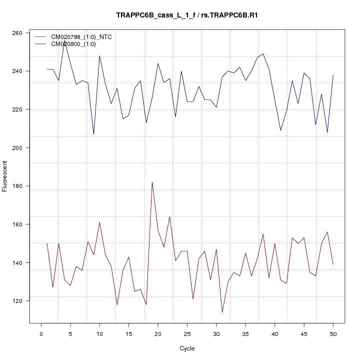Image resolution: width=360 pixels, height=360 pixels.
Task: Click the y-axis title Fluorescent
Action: coord(5,176)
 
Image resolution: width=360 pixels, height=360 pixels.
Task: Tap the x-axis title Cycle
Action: coord(187,348)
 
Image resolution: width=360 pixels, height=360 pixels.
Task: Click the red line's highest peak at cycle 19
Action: coord(152,182)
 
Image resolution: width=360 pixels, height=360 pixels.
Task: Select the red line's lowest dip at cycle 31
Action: coord(222,312)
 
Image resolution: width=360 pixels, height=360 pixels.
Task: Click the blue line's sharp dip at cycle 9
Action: coord(93,134)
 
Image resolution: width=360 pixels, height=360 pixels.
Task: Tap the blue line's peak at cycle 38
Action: coord(263,53)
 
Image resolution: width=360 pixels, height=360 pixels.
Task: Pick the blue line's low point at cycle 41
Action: coord(280,130)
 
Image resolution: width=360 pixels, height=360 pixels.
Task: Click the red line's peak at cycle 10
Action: coord(99,222)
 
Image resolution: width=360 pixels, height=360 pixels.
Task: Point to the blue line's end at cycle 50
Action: coord(333,75)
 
